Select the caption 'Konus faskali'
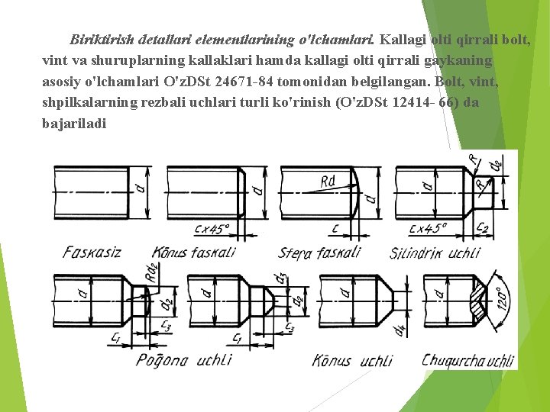pos(193,252)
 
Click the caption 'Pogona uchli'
pos(183,359)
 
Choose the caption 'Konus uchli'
pos(353,360)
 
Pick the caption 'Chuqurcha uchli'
pos(467,360)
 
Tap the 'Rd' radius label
pos(328,182)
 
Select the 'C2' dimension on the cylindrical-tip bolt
pos(483,227)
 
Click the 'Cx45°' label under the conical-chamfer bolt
pos(212,227)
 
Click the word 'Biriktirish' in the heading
pos(102,38)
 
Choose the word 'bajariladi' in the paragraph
pos(74,124)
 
